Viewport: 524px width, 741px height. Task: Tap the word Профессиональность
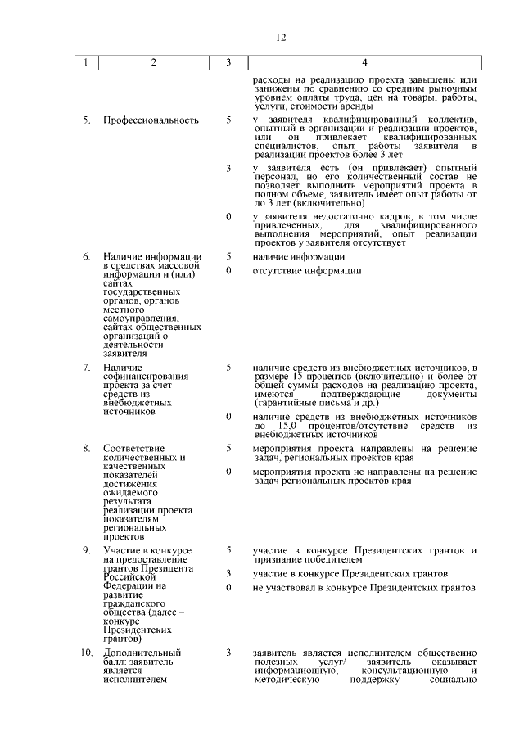click(x=151, y=120)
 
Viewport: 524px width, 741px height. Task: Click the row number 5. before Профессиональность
click(x=86, y=120)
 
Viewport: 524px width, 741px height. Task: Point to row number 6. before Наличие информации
click(x=86, y=257)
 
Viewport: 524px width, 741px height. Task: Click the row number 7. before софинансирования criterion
click(x=86, y=368)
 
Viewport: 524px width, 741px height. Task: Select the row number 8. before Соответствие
click(x=86, y=448)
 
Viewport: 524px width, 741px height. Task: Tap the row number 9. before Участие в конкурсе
click(x=86, y=549)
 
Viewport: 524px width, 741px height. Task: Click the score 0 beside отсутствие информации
click(x=228, y=271)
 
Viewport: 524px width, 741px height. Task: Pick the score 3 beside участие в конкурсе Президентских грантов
click(x=228, y=573)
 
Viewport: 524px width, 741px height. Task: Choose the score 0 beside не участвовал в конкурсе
click(x=228, y=588)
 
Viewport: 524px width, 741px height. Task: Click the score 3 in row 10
click(x=228, y=652)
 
